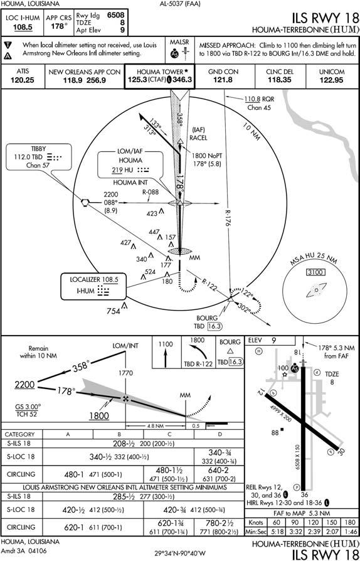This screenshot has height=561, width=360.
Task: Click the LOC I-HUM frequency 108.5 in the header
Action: (23, 27)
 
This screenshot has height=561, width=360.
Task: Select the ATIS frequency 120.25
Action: (21, 80)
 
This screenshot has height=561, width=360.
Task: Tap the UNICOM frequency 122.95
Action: (331, 80)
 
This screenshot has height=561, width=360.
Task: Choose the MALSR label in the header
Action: (179, 42)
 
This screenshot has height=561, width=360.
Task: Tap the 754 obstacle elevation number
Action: (113, 311)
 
